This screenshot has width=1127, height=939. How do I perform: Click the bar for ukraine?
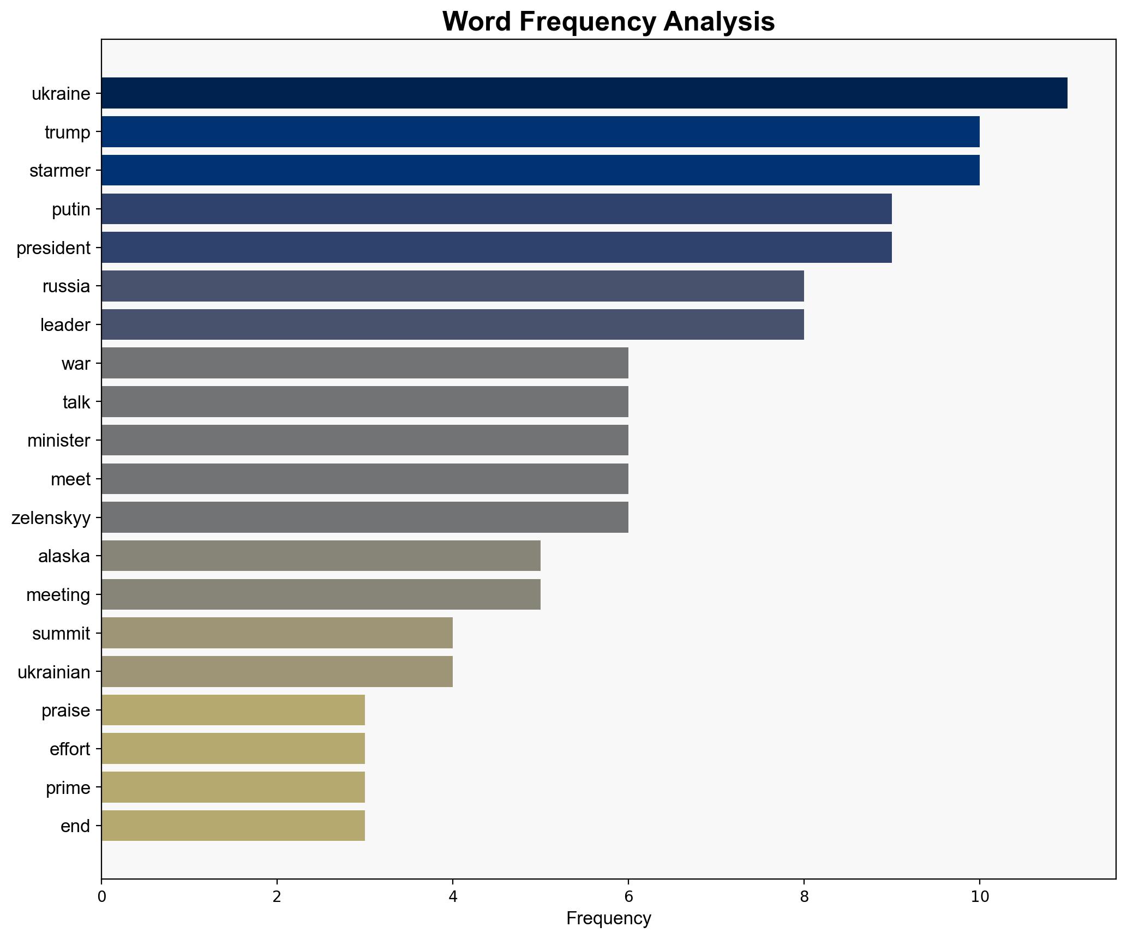pos(584,93)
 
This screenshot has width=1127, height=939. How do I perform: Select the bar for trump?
pos(540,132)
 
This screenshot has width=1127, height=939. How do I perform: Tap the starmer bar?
pos(540,171)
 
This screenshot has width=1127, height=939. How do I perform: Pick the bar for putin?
pos(496,209)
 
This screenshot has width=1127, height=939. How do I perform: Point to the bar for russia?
pos(452,286)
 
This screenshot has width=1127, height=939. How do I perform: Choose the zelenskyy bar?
pos(364,517)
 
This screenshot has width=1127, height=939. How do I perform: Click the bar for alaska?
pos(321,556)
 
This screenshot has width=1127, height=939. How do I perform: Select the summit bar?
pos(277,633)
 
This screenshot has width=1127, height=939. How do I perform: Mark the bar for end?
pos(233,826)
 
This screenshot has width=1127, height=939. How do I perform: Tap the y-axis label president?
pos(53,248)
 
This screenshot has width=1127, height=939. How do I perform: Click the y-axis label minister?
pos(58,441)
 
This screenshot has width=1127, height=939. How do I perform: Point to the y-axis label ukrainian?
pos(54,672)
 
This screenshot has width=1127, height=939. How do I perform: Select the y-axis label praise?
pos(65,711)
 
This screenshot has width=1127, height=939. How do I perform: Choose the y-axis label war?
pos(75,364)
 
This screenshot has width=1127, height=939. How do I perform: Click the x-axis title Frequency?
pos(608,919)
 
